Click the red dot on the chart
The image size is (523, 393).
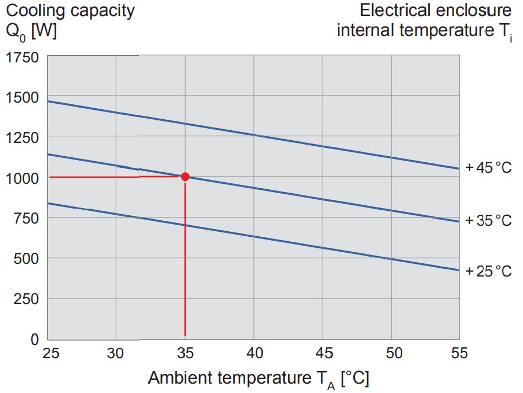pos(185,177)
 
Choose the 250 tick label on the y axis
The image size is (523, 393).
pos(25,299)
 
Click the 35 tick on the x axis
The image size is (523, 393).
pos(185,353)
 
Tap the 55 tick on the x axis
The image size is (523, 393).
pos(459,353)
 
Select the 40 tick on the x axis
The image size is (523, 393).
pos(254,353)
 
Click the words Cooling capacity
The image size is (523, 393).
pos(71,11)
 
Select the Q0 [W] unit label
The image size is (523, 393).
pos(31,31)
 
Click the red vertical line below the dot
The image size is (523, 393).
pos(185,259)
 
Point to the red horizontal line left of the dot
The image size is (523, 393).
pos(110,177)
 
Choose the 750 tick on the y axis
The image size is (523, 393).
pos(25,218)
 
